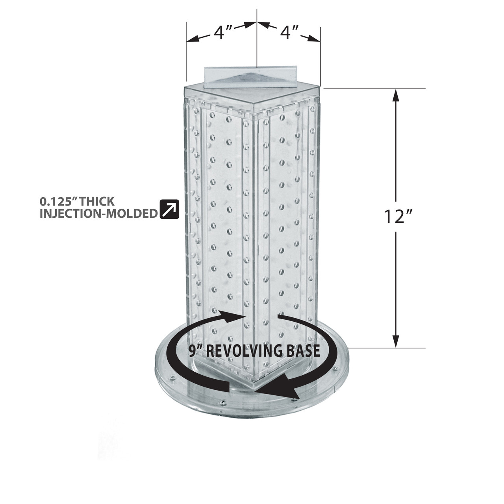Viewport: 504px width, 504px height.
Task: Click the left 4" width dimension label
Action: (x=224, y=33)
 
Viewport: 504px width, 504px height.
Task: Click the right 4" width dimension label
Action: (x=291, y=33)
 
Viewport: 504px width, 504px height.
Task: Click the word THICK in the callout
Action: (x=97, y=202)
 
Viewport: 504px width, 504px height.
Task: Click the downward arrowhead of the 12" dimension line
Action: (x=396, y=341)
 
